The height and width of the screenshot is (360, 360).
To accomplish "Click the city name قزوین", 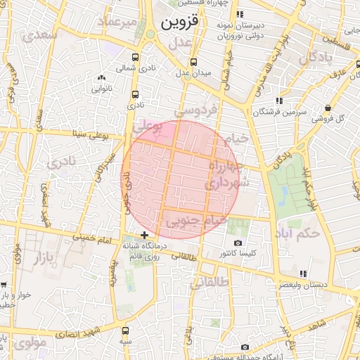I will click(180, 22).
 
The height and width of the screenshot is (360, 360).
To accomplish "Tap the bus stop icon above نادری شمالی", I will click(135, 58).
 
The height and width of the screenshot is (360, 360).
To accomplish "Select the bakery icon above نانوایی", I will click(101, 77).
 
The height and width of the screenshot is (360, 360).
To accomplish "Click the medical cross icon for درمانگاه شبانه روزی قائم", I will click(144, 235).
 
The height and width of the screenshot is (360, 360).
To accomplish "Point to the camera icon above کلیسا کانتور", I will click(237, 243).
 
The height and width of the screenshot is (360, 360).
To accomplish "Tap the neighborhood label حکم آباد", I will click(298, 231).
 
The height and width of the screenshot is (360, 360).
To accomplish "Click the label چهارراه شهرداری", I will click(226, 174).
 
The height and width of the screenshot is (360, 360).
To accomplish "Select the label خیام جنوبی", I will click(195, 221).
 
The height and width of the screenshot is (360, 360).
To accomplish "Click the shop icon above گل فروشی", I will click(328, 108).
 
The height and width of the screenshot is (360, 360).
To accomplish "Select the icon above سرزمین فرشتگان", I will click(280, 101).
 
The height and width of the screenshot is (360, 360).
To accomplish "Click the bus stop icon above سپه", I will click(126, 330).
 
